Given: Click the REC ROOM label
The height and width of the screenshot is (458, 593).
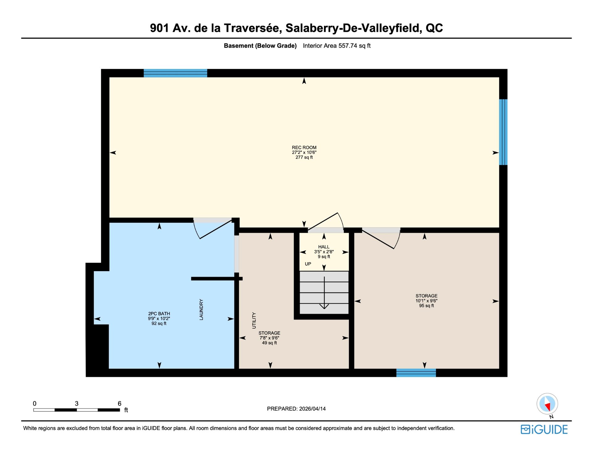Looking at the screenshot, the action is (304, 148).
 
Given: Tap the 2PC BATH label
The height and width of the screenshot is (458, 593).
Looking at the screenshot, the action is (159, 314).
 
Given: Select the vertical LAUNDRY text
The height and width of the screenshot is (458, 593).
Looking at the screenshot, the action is (201, 309).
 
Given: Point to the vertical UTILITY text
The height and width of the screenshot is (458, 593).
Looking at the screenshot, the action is (254, 320).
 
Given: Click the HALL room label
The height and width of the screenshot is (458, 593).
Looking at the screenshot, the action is (324, 247).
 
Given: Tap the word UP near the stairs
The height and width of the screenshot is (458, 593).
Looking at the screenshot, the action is (308, 264).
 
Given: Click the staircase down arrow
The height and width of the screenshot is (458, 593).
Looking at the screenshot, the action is (324, 293).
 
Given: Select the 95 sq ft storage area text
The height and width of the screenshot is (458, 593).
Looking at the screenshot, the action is (426, 306).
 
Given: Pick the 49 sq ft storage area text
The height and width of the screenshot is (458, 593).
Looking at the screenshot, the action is (269, 343).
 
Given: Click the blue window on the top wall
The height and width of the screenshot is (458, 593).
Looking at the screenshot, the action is (175, 73).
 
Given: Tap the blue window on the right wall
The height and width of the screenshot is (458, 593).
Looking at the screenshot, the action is (503, 132).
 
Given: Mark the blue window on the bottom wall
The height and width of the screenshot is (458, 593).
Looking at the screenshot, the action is (416, 373).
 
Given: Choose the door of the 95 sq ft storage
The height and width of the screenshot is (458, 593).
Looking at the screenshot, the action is (381, 238).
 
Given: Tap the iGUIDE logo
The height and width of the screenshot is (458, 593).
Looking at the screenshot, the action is (544, 430).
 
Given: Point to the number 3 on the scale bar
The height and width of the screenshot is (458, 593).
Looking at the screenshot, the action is (77, 403).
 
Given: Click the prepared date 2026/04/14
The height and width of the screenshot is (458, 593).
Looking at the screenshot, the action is (312, 409).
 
